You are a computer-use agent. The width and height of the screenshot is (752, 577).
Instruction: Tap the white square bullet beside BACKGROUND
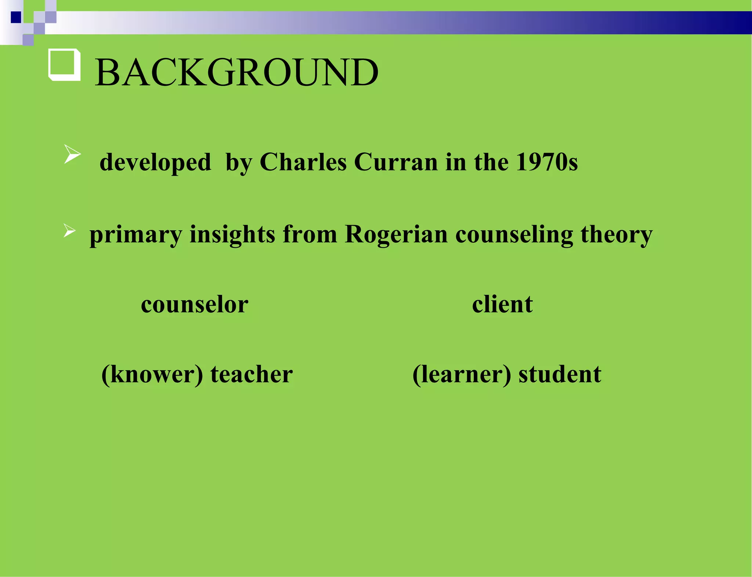tap(64, 64)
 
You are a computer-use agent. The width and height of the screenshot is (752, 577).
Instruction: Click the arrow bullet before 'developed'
tap(72, 154)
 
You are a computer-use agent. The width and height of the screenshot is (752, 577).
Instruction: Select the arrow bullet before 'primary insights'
tap(69, 231)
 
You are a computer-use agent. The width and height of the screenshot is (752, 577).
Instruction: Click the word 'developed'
tap(155, 162)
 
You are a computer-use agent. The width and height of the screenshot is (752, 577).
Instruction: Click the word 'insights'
tap(232, 234)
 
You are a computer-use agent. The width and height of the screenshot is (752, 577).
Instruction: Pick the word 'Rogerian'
tap(396, 234)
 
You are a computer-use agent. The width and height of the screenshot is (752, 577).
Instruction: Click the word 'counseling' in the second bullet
tap(514, 234)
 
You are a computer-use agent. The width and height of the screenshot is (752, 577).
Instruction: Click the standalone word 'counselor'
tap(195, 305)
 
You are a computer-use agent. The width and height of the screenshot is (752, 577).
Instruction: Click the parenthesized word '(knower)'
tap(152, 375)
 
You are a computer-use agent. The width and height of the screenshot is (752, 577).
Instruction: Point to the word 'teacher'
tap(252, 374)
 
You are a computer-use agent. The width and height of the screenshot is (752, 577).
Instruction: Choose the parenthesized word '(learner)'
tap(462, 375)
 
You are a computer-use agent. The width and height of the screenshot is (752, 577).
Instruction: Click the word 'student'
tap(560, 374)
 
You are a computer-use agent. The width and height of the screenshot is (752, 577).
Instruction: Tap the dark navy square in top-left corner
tap(16, 17)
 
